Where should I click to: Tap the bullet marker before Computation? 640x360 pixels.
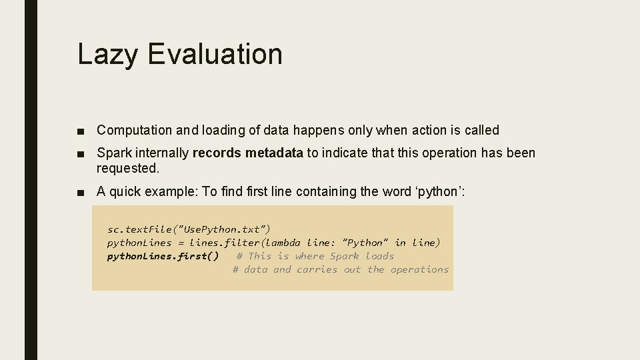[x=81, y=131]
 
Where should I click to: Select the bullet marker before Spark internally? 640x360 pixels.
[x=81, y=153]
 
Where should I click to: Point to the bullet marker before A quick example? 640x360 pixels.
[x=81, y=193]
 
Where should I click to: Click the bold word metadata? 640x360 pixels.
[x=274, y=153]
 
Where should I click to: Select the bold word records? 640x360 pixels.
[x=217, y=153]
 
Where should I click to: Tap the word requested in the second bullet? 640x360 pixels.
[x=128, y=168]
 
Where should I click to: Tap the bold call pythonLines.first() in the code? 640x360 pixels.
[x=163, y=257]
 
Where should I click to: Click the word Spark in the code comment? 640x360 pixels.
[x=345, y=257]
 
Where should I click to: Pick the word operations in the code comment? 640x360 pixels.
[x=419, y=270]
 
